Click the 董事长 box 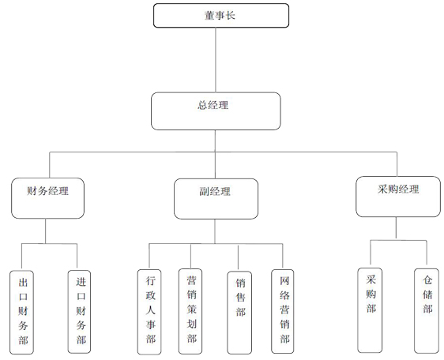(221, 16)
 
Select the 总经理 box (216, 111)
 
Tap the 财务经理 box (48, 198)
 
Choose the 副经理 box (216, 199)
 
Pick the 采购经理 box (398, 197)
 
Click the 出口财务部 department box (22, 312)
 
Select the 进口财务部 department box (79, 312)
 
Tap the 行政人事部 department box (149, 312)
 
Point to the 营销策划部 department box (190, 311)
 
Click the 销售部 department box (239, 313)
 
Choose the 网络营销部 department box (283, 311)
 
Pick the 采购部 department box (370, 310)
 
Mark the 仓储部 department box (427, 311)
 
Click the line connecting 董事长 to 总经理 (216, 60)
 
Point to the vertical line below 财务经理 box (45, 231)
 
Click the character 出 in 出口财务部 (23, 282)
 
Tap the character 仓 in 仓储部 (427, 280)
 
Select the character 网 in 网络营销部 (284, 281)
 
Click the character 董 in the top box (209, 15)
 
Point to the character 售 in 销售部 (241, 297)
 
